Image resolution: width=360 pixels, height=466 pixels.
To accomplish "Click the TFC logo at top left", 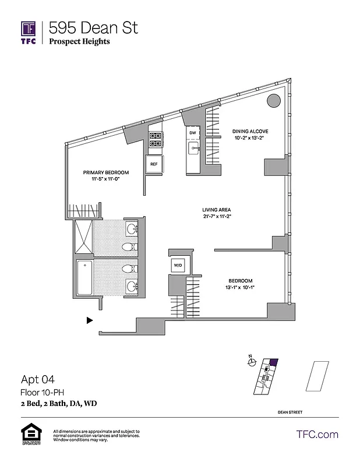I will [x=29, y=32].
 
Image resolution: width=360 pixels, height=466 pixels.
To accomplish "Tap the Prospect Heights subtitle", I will [x=79, y=41].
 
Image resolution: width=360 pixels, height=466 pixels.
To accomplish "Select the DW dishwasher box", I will [x=193, y=133].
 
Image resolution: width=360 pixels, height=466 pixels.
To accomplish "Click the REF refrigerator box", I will [x=154, y=164].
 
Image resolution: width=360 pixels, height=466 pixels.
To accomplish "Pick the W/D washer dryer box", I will [x=177, y=265].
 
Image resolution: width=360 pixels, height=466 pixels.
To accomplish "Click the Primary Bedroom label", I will [x=105, y=173].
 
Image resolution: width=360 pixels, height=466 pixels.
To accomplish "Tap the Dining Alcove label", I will [x=250, y=132].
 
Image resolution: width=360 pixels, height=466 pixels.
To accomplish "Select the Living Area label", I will [x=217, y=210].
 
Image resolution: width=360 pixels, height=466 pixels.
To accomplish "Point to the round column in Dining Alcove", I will [x=273, y=101].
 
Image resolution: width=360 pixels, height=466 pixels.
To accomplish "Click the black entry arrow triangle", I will [x=89, y=320].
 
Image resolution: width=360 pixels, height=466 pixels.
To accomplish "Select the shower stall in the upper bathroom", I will [x=85, y=236].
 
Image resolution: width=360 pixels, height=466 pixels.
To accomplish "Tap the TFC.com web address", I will [x=317, y=435].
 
